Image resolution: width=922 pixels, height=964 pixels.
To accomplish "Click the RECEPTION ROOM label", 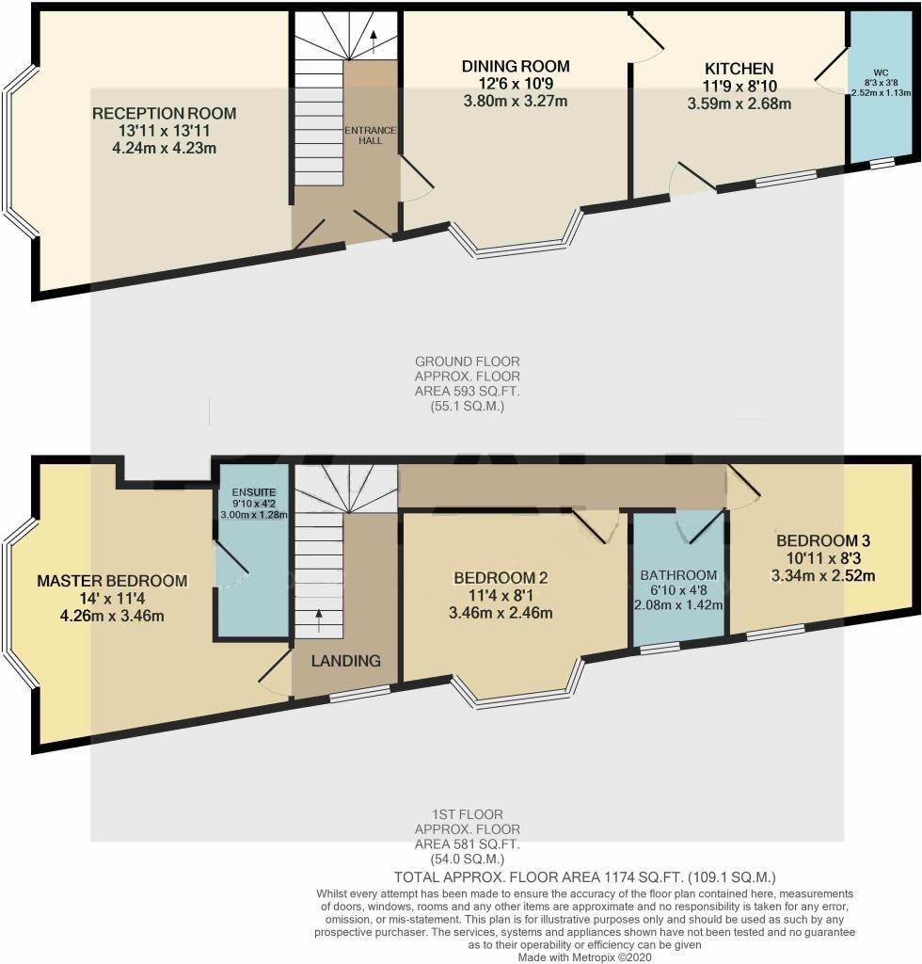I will point(164,114).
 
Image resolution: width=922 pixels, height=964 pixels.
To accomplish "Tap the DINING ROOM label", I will point(516,66).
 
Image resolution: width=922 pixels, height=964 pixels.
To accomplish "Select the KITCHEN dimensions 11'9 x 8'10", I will point(739,87).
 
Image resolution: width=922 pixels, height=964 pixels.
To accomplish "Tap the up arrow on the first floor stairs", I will point(318,619).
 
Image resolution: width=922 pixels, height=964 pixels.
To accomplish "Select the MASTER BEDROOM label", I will point(112,581).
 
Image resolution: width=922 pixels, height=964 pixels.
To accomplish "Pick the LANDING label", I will point(346,661).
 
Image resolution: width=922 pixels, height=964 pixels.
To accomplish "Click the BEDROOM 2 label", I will point(501,578).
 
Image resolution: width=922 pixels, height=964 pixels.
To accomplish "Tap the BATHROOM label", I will point(678,575).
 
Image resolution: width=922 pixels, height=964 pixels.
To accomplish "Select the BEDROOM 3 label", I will point(823,541).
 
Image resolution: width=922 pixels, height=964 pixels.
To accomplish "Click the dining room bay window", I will point(519,249).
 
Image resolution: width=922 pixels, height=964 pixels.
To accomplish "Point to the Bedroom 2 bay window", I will point(519,698).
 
